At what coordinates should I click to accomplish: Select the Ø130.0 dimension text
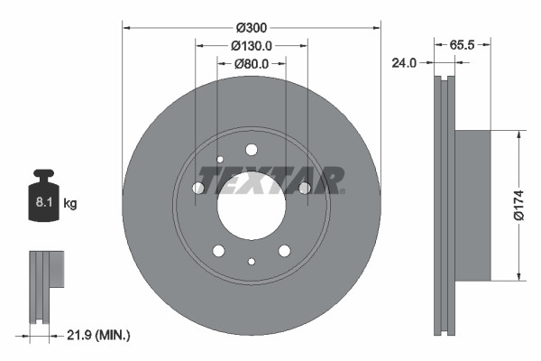[x=252, y=46]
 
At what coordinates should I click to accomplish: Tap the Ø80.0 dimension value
[x=252, y=64]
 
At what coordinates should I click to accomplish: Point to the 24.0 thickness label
[x=403, y=63]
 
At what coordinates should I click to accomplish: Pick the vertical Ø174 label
[x=530, y=206]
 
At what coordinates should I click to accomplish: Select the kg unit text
[x=70, y=204]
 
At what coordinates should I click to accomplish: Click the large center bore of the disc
[x=252, y=200]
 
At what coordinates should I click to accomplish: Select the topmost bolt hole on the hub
[x=252, y=149]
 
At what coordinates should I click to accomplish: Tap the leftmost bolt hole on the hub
[x=198, y=188]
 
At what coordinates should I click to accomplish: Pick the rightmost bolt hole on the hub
[x=305, y=188]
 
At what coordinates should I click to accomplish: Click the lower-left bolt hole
[x=218, y=250]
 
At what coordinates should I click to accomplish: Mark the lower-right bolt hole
[x=284, y=250]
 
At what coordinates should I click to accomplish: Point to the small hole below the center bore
[x=252, y=262]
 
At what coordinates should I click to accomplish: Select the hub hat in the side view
[x=473, y=206]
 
